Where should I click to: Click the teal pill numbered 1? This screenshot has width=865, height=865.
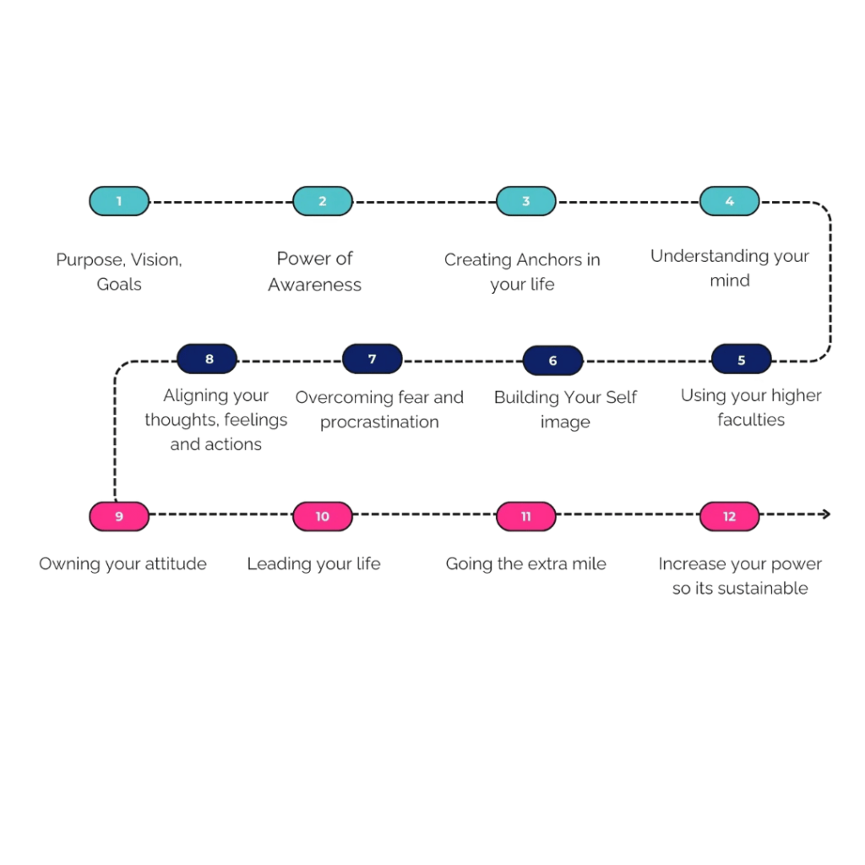coord(119,201)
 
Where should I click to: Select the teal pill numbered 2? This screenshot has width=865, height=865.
coord(323,201)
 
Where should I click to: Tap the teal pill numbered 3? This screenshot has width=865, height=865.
coord(525,201)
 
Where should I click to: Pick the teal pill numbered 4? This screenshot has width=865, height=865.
coord(729,201)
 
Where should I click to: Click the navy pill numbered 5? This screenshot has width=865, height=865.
coord(741,359)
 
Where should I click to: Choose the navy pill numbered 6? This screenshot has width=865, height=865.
coord(552,361)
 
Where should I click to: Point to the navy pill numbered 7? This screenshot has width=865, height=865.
coord(372,359)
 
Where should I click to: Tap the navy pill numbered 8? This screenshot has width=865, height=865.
coord(208,359)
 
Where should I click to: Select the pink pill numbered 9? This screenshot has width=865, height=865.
coord(119,515)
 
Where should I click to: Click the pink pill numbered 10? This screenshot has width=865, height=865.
coord(323,515)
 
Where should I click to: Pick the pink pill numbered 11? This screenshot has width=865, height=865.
coord(525,515)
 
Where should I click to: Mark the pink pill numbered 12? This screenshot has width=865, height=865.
coord(729,515)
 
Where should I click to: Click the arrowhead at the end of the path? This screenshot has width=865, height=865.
coord(827,514)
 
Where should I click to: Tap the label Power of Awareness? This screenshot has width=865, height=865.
coord(314,271)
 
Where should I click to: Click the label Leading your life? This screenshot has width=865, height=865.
coord(313,563)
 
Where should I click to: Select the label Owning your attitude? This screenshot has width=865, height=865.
coord(122,563)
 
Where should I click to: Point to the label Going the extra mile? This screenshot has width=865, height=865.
coord(525,563)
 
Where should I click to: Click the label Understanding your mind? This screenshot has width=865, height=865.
coord(729,267)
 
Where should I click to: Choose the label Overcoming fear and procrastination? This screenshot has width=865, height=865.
coord(379,409)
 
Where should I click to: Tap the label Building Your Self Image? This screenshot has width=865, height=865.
coord(565,409)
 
